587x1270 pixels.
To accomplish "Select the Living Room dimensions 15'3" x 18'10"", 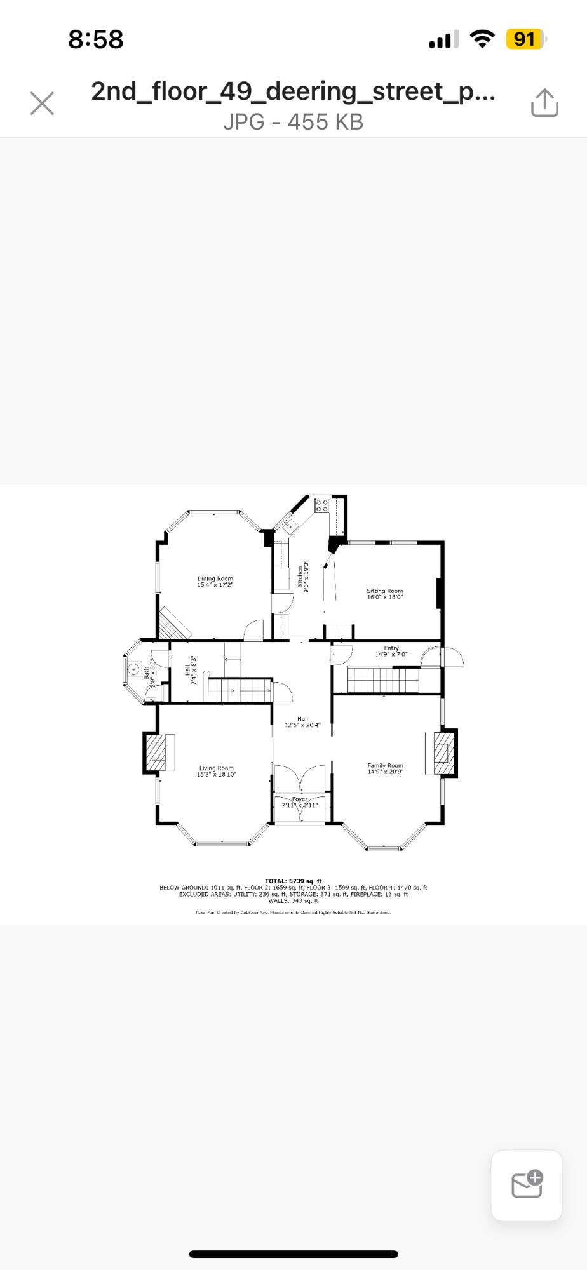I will [216, 775].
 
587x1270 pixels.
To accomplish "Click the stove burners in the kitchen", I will [322, 506].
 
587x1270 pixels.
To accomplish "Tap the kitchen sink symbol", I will [290, 526].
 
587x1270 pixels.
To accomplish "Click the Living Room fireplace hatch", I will [156, 752].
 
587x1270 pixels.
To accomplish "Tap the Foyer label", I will [300, 799].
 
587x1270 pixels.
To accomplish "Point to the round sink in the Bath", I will [134, 669].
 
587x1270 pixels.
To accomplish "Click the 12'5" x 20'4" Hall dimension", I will [302, 725].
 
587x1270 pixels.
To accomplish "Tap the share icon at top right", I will [544, 103].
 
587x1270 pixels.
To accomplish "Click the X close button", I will [42, 103].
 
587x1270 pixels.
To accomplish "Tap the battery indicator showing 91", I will [525, 39].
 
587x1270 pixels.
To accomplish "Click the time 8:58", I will [95, 39].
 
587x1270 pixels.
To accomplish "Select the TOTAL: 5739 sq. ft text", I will [293, 881].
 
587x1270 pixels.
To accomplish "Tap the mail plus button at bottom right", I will [527, 1185].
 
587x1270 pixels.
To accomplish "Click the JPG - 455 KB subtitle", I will [293, 121].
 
